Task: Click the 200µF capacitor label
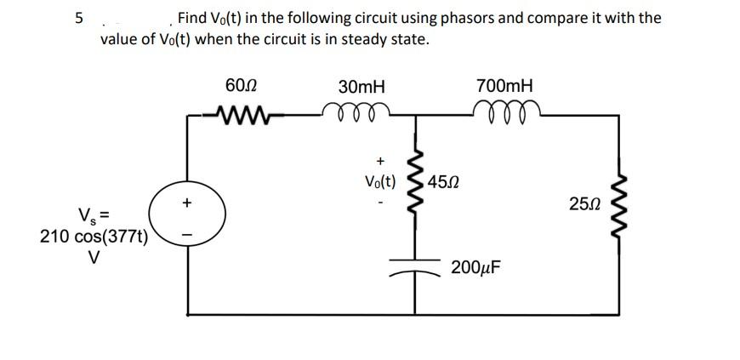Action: (475, 267)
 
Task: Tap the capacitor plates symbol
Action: (417, 263)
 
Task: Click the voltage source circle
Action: (187, 218)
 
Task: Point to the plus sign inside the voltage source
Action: (187, 203)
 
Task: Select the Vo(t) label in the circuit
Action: (379, 182)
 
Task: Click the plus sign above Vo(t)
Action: (379, 159)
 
